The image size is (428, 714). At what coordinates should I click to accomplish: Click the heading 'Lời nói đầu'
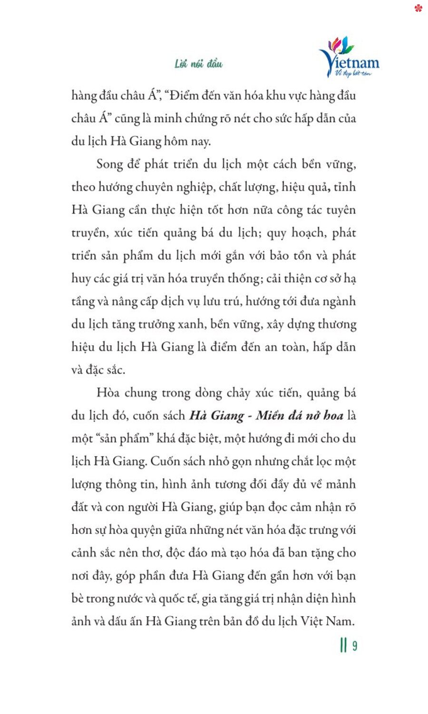coord(198,64)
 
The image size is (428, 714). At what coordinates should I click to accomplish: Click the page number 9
coord(355,646)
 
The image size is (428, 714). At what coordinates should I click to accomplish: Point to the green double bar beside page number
coord(343,646)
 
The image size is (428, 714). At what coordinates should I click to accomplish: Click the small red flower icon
coord(418,8)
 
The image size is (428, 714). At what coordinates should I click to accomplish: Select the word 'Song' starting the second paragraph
coord(109,165)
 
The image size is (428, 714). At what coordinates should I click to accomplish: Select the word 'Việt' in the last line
coord(311,622)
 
